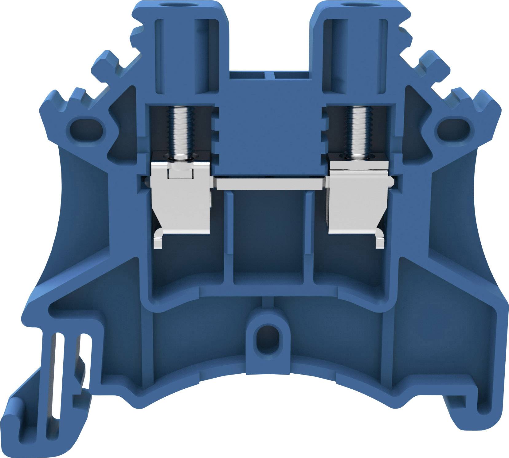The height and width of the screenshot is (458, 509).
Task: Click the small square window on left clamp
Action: click(181, 174)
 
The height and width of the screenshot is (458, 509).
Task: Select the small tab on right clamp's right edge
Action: click(391, 182)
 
